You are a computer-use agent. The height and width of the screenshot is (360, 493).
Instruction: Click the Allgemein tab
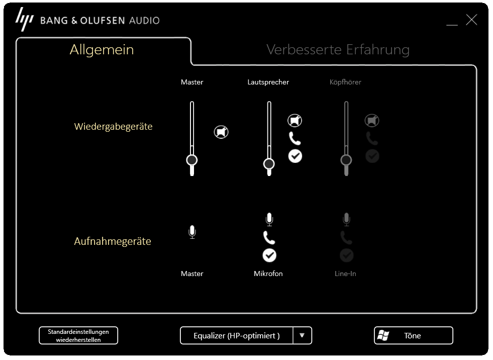pyautogui.click(x=102, y=50)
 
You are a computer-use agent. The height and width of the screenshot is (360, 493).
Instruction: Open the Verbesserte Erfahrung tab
pyautogui.click(x=338, y=50)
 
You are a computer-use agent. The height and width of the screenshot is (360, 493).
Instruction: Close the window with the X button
pyautogui.click(x=471, y=20)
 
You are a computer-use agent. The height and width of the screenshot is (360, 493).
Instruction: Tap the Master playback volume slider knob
pyautogui.click(x=191, y=160)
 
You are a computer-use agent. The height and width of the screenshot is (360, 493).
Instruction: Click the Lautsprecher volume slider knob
pyautogui.click(x=269, y=164)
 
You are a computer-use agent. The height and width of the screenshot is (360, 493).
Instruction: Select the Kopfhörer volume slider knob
pyautogui.click(x=346, y=160)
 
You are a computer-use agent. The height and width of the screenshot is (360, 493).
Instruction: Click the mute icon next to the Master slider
pyautogui.click(x=221, y=132)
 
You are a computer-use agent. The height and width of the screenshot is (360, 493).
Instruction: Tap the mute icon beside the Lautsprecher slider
pyautogui.click(x=295, y=121)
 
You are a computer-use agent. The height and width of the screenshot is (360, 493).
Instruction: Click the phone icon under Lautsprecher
pyautogui.click(x=295, y=138)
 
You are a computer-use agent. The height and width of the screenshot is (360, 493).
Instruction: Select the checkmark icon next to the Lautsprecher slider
pyautogui.click(x=295, y=156)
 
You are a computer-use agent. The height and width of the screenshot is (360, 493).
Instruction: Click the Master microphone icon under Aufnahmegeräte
pyautogui.click(x=192, y=232)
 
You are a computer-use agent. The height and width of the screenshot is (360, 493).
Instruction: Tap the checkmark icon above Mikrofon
pyautogui.click(x=269, y=255)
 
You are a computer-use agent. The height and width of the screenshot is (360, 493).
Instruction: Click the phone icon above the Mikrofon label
pyautogui.click(x=269, y=237)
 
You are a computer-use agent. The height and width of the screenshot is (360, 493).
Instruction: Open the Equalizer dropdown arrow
pyautogui.click(x=302, y=335)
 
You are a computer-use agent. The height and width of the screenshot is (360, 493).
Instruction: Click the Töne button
pyautogui.click(x=413, y=335)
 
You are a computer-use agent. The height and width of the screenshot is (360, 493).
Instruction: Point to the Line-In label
pyautogui.click(x=345, y=274)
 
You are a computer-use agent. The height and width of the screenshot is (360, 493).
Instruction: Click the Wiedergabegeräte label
pyautogui.click(x=113, y=127)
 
